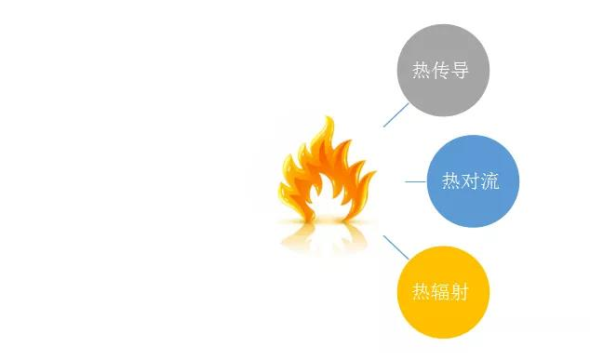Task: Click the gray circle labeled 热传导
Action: tap(443, 70)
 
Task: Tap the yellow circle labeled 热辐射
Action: tap(443, 292)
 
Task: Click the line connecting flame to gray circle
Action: tap(396, 114)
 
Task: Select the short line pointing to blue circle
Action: tap(415, 181)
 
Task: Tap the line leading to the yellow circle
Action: tap(396, 247)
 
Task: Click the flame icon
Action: tap(326, 177)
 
